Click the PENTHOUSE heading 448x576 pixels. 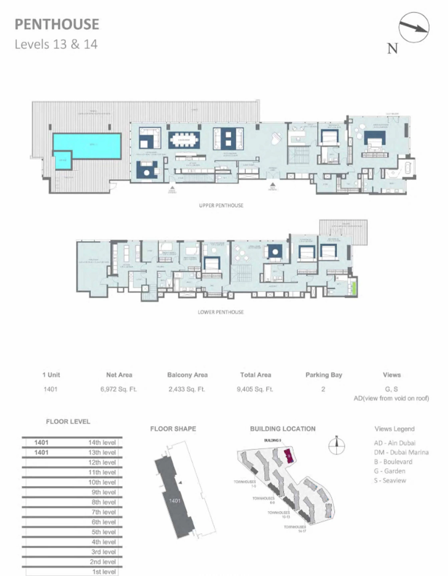pos(57,24)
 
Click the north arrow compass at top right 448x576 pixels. pos(414,27)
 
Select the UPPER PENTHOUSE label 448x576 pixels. pos(221,205)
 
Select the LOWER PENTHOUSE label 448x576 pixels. pos(221,312)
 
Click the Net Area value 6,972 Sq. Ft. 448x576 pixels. pos(119,389)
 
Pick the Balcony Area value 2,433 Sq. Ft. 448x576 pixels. pos(187,389)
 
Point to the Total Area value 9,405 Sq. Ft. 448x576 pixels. pos(255,389)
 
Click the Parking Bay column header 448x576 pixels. pos(324,375)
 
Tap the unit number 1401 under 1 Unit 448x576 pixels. pos(50,389)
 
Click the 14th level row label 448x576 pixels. pos(102,442)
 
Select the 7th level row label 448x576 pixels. pos(104,512)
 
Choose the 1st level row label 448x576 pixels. pos(104,572)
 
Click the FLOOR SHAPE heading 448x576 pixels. pos(173,428)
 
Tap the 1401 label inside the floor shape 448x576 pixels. pos(175,501)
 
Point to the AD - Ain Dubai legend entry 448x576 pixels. pos(394,443)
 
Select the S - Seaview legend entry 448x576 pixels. pos(390,480)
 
